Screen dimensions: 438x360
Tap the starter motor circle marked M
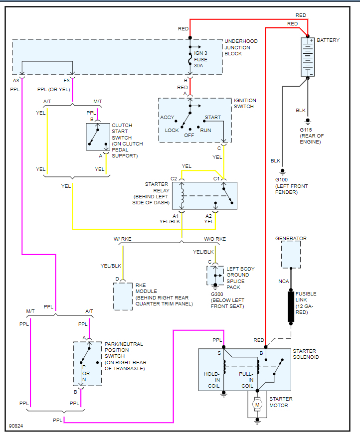(x=257, y=405)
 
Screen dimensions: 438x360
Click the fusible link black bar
(x=291, y=306)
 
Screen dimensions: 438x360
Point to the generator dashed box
(x=291, y=255)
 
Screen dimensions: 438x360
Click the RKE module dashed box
(x=123, y=296)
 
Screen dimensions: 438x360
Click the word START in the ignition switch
(x=213, y=118)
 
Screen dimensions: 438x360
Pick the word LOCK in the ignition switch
(x=172, y=131)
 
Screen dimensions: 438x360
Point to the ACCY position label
(x=167, y=118)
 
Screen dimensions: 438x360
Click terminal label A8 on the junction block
(x=16, y=80)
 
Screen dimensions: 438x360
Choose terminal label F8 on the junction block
(x=66, y=80)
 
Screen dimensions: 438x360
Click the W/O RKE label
(x=215, y=239)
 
